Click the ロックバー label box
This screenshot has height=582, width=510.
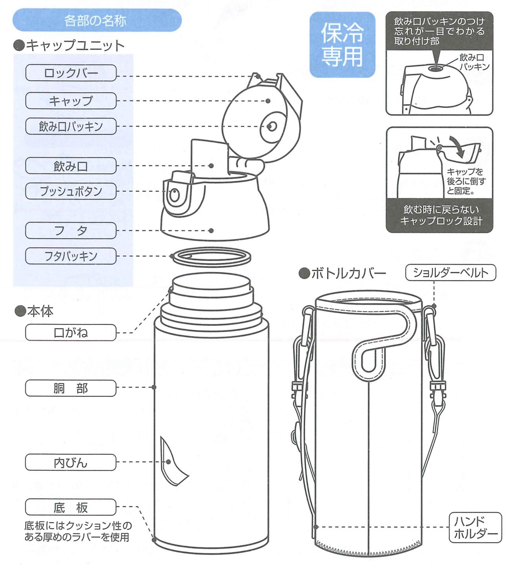click(71, 73)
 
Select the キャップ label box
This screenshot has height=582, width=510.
click(71, 101)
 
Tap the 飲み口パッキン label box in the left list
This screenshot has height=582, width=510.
click(71, 126)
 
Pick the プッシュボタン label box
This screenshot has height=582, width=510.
click(71, 191)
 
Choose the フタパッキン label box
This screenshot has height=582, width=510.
click(71, 256)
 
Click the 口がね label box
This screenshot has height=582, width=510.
click(71, 333)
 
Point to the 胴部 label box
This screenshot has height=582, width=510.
click(71, 388)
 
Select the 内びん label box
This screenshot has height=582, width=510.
click(71, 463)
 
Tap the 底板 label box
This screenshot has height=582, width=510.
click(71, 507)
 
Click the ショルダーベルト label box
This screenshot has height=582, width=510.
click(451, 273)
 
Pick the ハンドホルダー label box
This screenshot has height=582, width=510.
click(475, 527)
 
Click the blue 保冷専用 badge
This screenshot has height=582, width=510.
click(342, 44)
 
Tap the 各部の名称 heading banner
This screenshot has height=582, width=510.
click(97, 20)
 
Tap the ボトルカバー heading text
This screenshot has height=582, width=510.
click(343, 273)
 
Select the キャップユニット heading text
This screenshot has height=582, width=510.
click(70, 46)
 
